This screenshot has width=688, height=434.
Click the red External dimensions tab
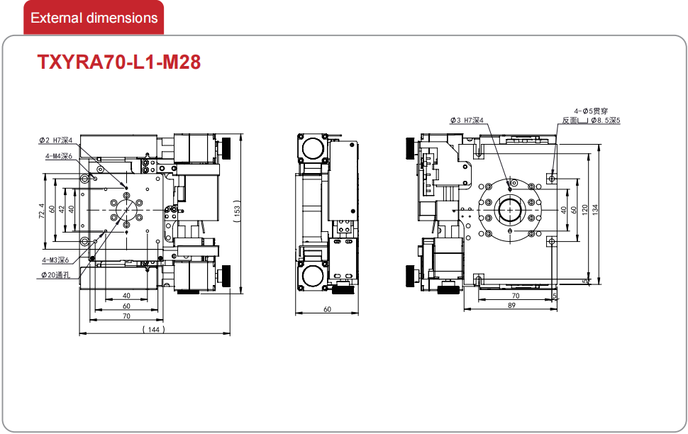pyautogui.click(x=94, y=18)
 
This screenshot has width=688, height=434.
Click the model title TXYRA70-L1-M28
pyautogui.click(x=119, y=62)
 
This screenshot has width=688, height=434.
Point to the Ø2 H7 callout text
pyautogui.click(x=55, y=140)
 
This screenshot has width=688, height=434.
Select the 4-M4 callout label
pyautogui.click(x=58, y=156)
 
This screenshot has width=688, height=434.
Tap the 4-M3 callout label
pyautogui.click(x=56, y=260)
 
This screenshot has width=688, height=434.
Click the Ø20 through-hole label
pyautogui.click(x=56, y=275)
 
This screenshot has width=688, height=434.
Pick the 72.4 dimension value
pyautogui.click(x=41, y=211)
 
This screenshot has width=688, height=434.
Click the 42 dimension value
pyautogui.click(x=62, y=210)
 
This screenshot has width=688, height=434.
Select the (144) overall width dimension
pyautogui.click(x=154, y=329)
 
